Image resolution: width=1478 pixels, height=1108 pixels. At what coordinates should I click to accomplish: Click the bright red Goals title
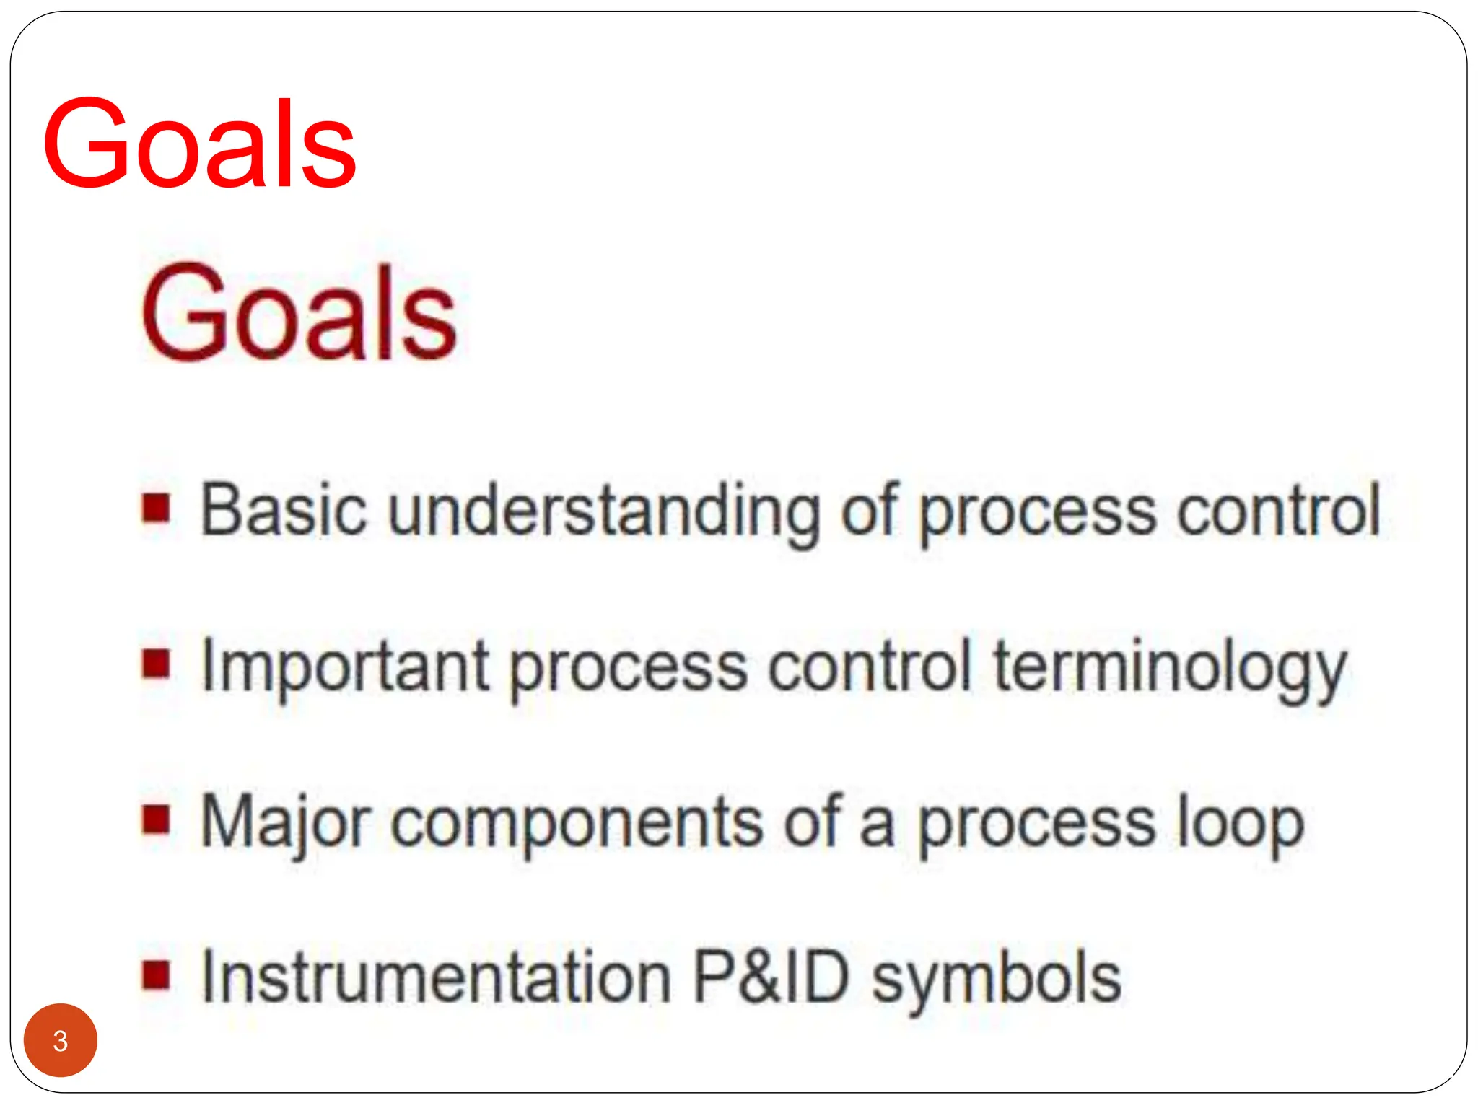(x=199, y=144)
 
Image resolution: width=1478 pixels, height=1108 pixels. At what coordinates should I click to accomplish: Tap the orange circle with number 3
(x=61, y=1040)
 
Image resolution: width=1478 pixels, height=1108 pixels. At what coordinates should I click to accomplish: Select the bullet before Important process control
(x=156, y=664)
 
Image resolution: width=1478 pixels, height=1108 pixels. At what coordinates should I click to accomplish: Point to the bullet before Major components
(x=156, y=819)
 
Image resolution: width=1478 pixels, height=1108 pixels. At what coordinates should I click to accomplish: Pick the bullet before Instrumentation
(x=156, y=975)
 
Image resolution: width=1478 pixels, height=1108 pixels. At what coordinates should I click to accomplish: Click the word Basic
(x=284, y=510)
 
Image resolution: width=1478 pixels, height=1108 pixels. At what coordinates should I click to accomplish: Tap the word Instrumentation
(x=437, y=977)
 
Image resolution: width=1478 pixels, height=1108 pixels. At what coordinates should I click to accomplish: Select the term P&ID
(x=771, y=977)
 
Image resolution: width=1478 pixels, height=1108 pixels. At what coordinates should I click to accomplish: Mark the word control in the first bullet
(x=1278, y=510)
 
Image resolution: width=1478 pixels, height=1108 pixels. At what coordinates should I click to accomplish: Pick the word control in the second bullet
(x=869, y=667)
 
